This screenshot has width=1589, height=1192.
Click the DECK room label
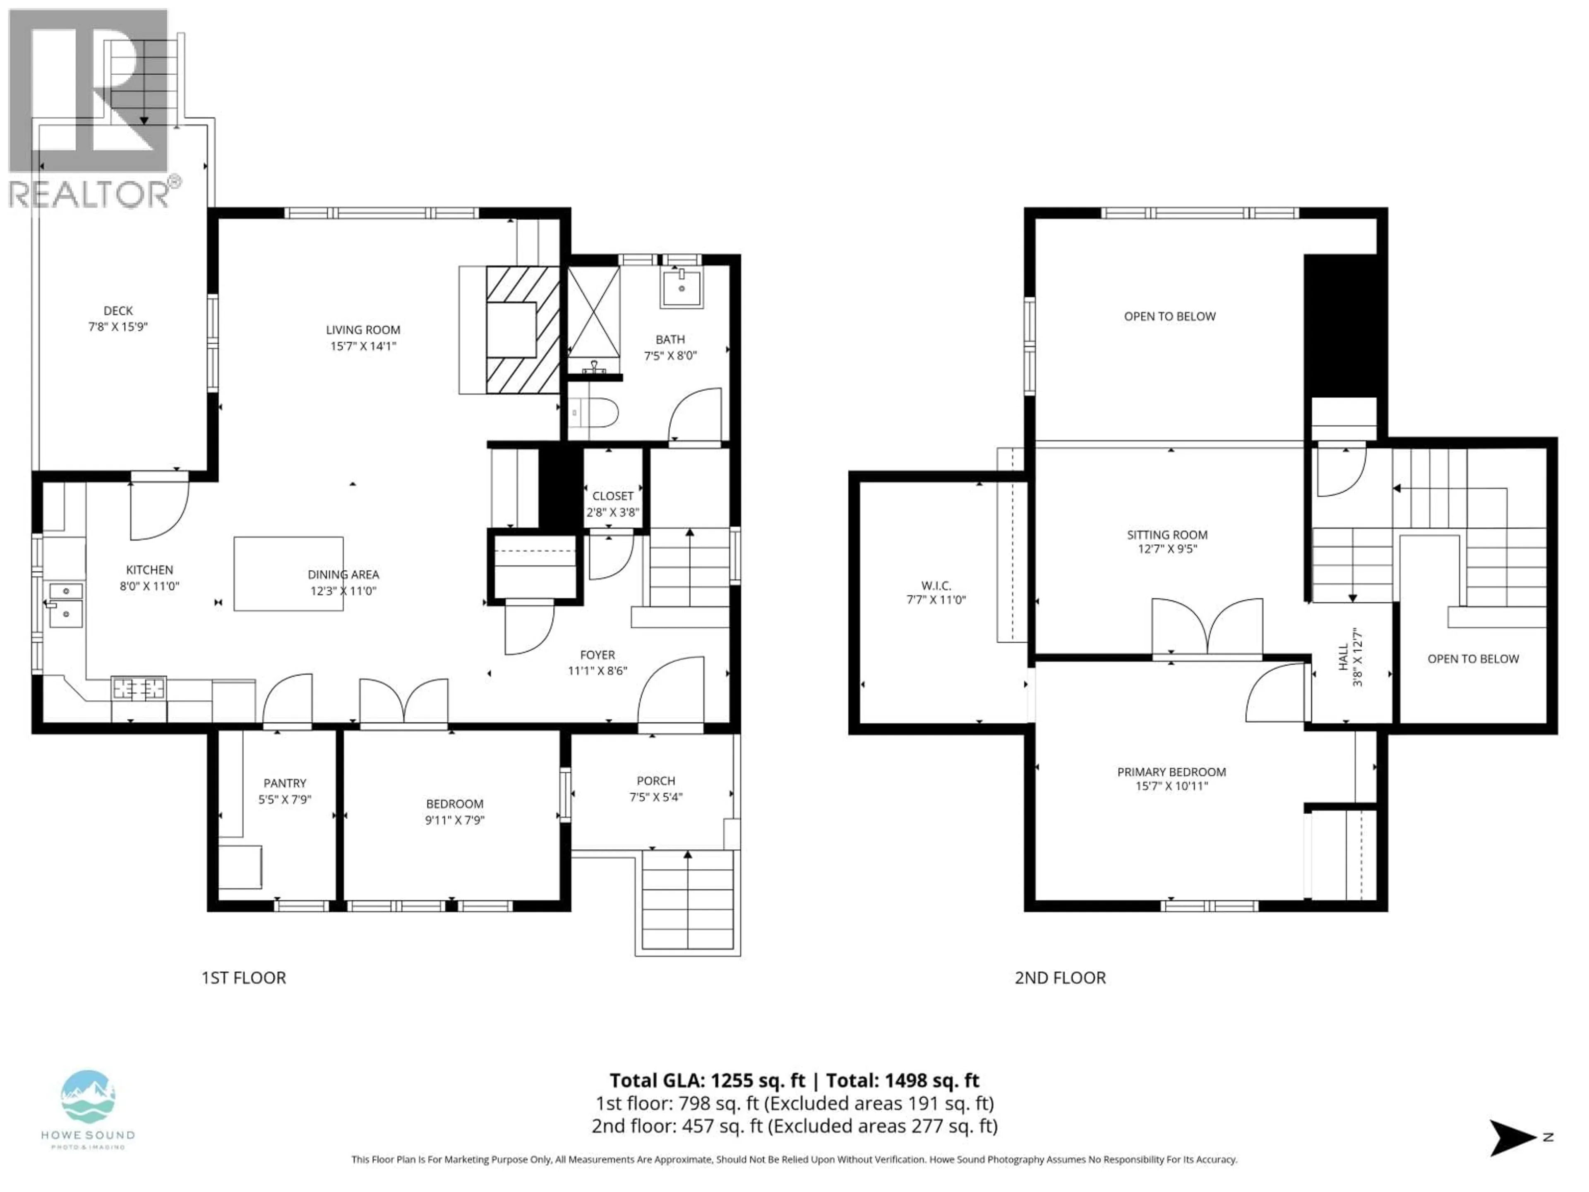(118, 310)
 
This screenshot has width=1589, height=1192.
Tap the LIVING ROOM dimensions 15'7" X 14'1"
(363, 346)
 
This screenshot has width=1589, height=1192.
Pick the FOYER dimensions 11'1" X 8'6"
(597, 670)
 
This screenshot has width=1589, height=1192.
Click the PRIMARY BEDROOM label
(1171, 771)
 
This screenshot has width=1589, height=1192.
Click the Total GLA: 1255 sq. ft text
(708, 1080)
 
